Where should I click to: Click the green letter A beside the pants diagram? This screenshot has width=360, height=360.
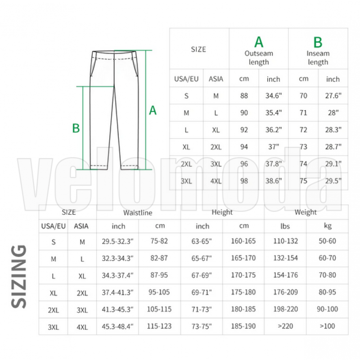point(153,110)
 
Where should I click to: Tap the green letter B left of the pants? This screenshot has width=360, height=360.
point(76,128)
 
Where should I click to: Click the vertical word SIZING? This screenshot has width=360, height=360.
point(18,276)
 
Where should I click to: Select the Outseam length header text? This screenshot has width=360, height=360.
point(259,58)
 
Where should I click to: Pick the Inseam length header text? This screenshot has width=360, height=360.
point(318,58)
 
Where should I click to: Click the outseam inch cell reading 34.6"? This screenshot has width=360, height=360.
point(274,95)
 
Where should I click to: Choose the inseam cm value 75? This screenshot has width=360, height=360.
point(303,181)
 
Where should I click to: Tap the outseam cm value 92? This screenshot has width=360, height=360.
point(244,130)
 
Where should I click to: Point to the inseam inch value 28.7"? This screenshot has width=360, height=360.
point(333,147)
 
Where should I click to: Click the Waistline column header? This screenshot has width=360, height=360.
point(138,212)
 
